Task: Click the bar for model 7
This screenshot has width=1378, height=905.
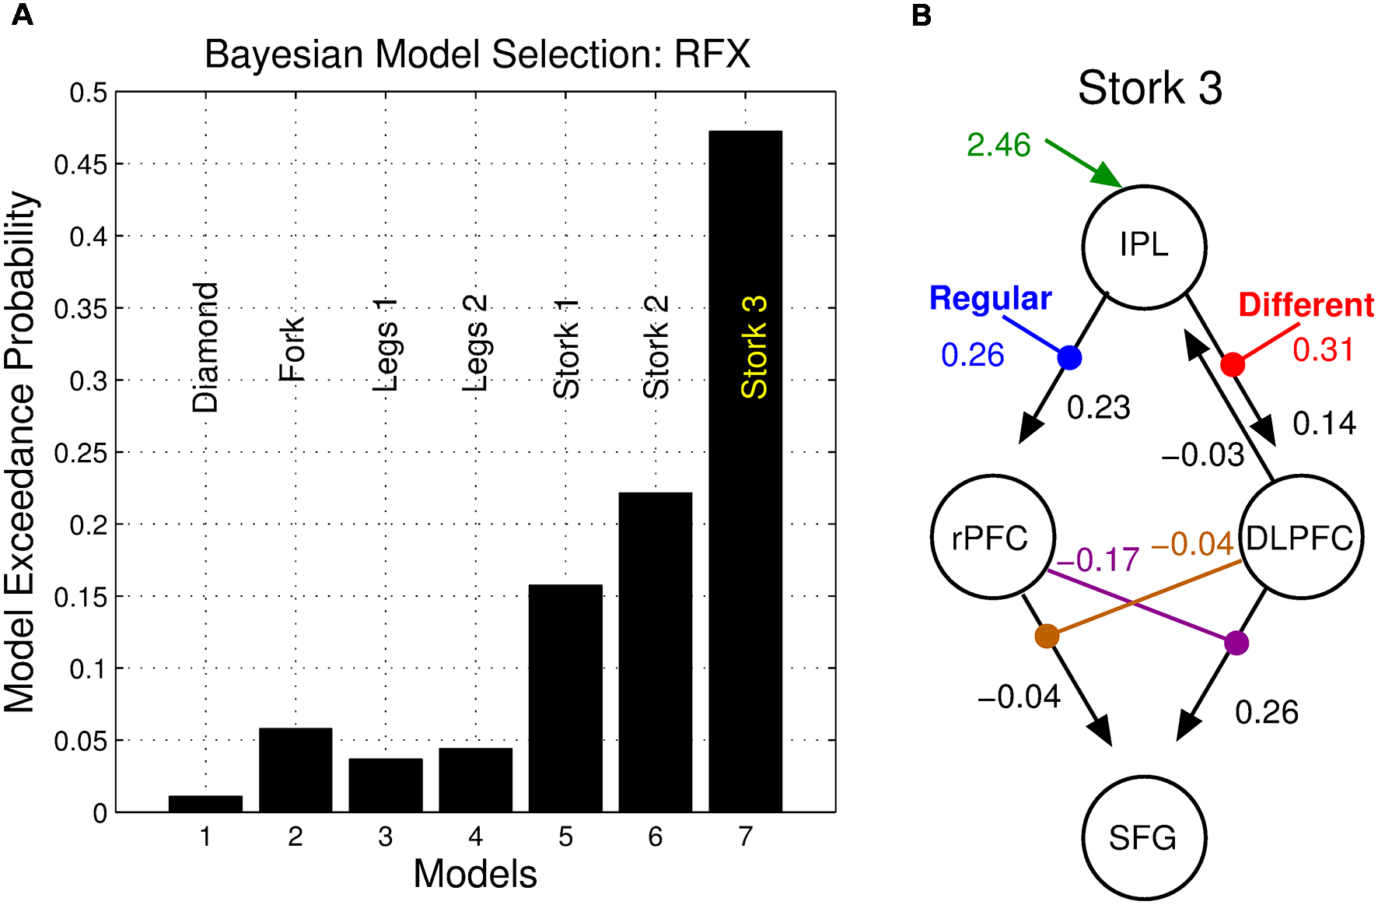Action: point(745,545)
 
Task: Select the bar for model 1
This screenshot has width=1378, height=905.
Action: point(205,803)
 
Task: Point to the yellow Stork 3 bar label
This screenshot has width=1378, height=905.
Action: point(754,347)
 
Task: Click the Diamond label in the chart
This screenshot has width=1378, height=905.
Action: point(205,347)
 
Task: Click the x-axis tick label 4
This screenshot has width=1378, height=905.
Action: point(475,837)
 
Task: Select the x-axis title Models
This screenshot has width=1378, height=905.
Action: point(474,874)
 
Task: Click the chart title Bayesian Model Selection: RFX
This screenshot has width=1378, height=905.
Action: point(477,54)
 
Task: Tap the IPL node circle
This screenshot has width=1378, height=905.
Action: point(1144,247)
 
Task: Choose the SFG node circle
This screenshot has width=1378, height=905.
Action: point(1143,837)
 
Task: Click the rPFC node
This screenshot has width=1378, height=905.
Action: point(992,537)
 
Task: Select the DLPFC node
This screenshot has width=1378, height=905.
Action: point(1300,537)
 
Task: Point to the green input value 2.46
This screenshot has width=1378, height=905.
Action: point(999,145)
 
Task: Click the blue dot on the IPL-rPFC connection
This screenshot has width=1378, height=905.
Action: point(1069,357)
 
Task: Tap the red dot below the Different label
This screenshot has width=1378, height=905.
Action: point(1232,363)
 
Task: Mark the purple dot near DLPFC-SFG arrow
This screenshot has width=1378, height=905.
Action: point(1236,644)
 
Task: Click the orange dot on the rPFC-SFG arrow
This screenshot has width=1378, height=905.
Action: point(1047,637)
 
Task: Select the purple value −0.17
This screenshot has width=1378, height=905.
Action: point(1097,559)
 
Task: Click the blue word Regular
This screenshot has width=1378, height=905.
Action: point(990,299)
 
